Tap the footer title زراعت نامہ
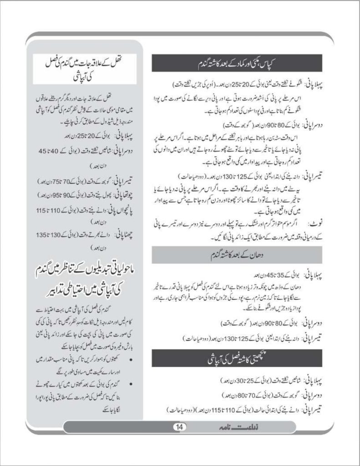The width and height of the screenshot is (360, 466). (218, 426)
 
